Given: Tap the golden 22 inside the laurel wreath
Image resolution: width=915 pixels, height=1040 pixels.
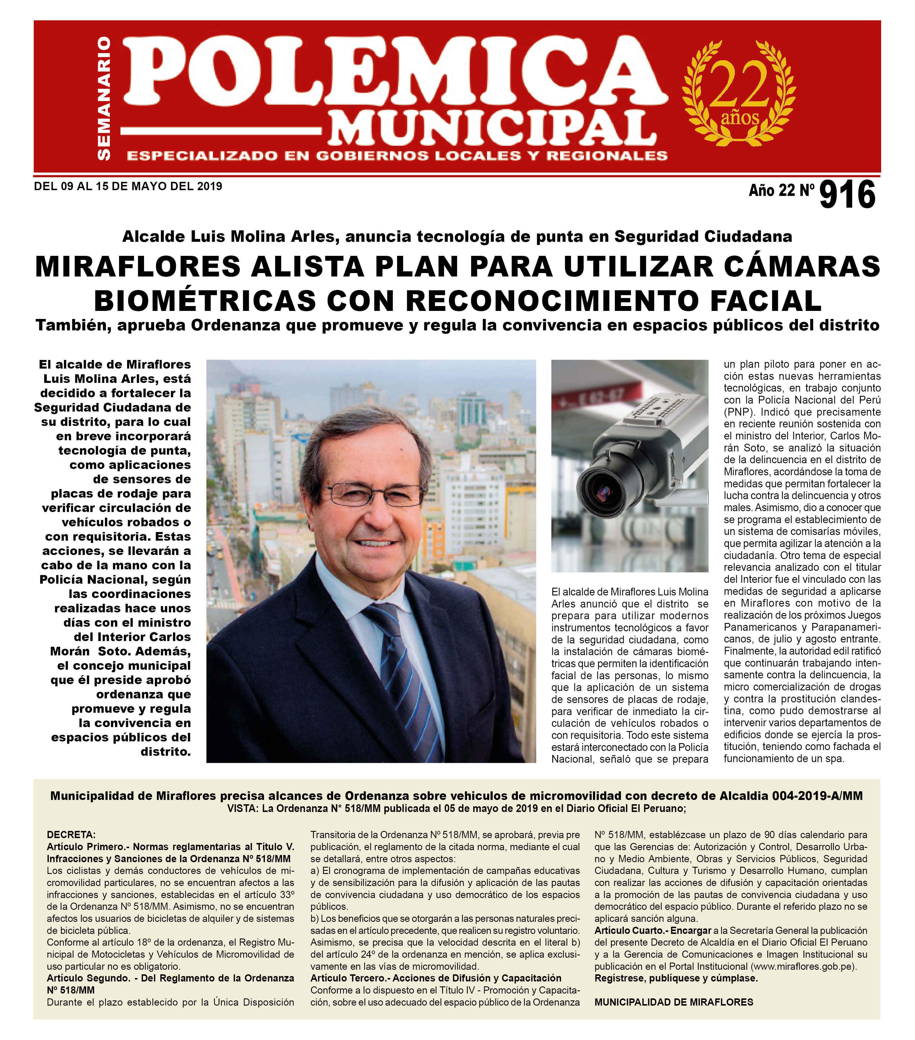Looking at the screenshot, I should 741,85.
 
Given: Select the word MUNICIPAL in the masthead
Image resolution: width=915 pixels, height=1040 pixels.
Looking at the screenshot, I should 492,127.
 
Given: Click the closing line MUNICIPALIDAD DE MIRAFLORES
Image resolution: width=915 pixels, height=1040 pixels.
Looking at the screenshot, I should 673,1002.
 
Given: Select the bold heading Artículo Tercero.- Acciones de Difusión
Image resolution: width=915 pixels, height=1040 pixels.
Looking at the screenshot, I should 436,978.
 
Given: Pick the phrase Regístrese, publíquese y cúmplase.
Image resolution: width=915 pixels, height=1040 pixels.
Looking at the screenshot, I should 676,978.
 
